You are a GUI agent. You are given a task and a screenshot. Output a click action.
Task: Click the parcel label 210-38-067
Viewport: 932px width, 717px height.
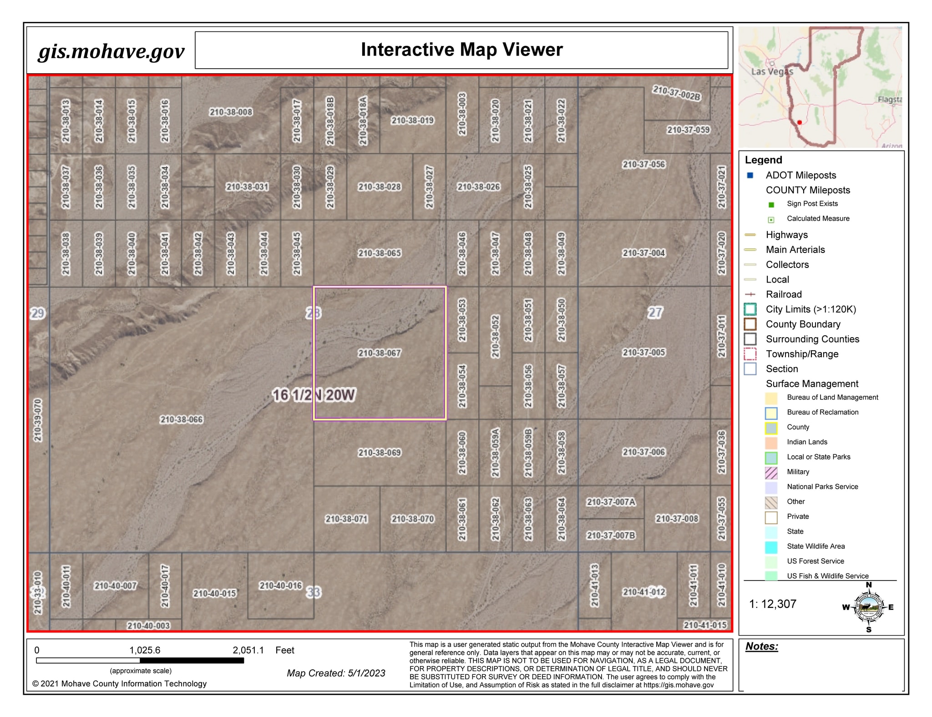pos(380,353)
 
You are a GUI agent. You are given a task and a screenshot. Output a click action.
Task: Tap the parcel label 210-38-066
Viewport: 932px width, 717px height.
pos(181,419)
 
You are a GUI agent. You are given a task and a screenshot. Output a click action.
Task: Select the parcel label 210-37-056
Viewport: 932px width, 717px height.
pos(643,164)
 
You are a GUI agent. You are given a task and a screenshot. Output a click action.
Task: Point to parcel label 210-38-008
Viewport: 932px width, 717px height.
pos(231,112)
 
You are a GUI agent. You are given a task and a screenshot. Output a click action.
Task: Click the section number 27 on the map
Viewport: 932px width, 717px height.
pos(655,313)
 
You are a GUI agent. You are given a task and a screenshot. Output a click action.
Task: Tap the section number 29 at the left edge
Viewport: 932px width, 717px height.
pos(37,313)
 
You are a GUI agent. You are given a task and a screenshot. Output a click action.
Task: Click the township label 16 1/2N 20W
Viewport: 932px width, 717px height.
pos(314,395)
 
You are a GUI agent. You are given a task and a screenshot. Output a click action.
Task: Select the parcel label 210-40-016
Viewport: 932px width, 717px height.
pos(280,586)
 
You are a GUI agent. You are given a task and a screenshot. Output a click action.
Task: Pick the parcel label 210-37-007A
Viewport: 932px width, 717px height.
pos(611,502)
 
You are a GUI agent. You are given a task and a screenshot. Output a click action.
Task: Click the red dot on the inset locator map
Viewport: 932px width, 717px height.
pos(800,122)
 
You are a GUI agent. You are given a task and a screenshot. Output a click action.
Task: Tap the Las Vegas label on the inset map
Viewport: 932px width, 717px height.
pos(772,71)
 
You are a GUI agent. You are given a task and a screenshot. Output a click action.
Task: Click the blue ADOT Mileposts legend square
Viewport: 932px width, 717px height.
pos(750,175)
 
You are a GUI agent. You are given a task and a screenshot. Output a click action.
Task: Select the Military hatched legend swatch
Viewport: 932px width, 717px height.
pos(771,473)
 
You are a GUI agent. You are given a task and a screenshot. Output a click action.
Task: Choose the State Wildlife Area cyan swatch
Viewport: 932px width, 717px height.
pos(771,547)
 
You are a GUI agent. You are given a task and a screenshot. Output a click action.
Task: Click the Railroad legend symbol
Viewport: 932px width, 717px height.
pos(750,294)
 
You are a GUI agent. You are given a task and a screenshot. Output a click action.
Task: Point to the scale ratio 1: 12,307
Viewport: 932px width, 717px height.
pos(772,604)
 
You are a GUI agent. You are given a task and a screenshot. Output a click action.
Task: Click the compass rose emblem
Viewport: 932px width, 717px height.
pos(869,607)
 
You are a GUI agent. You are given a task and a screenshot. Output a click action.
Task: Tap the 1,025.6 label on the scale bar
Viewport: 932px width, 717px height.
pos(145,650)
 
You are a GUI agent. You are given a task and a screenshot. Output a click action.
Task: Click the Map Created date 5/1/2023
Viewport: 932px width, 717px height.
pos(336,673)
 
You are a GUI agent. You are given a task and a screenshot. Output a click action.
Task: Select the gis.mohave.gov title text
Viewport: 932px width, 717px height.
pos(111,51)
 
